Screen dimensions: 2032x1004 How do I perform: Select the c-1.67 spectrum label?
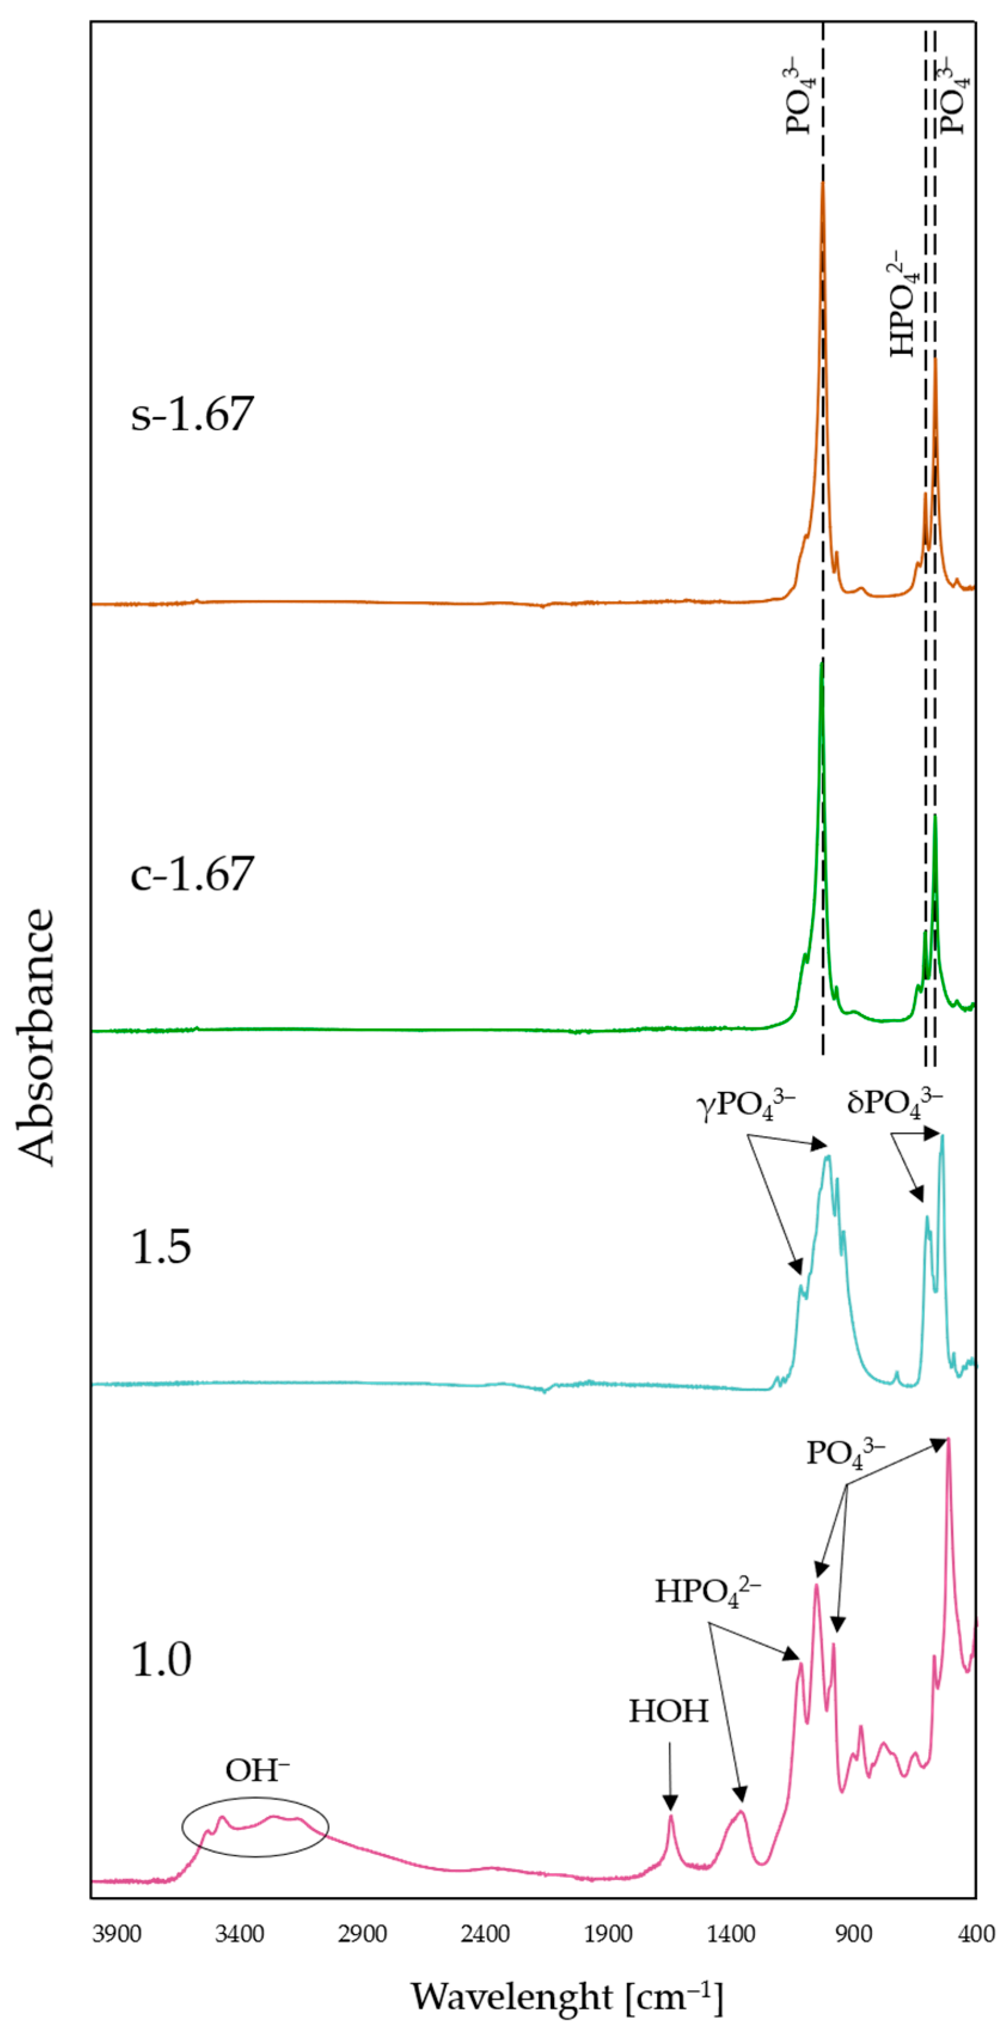click(x=192, y=873)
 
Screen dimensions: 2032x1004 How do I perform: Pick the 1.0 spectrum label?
click(x=161, y=1659)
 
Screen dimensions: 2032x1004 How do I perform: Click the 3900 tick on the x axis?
click(x=116, y=1934)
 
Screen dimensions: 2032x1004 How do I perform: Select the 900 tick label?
click(x=853, y=1934)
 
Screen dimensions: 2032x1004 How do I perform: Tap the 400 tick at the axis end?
click(x=977, y=1934)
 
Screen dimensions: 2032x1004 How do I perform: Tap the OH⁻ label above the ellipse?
click(x=256, y=1771)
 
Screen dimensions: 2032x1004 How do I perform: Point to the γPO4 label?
click(x=745, y=1105)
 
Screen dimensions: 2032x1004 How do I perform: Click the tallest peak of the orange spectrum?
click(x=822, y=183)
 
